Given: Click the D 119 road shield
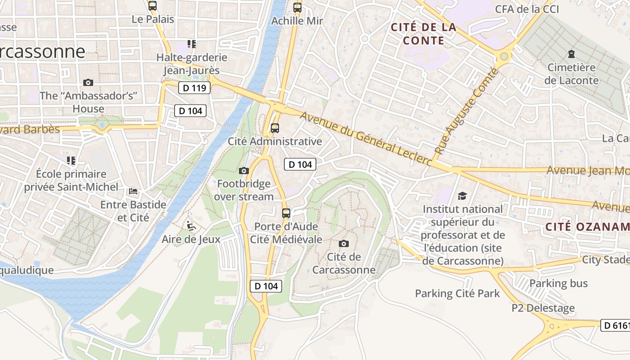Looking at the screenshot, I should [195, 88].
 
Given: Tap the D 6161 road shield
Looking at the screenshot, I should [615, 325].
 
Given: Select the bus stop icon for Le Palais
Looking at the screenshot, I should [153, 6].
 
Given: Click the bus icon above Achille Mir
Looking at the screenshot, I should [297, 8].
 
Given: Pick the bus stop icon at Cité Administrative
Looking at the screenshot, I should [275, 128].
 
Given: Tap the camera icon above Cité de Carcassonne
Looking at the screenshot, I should [344, 243].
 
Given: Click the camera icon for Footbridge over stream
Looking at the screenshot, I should [243, 171].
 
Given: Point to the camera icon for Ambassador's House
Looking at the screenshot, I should [88, 82].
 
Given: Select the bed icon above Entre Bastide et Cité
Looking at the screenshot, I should [133, 191].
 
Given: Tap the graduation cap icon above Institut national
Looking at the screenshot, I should [462, 196].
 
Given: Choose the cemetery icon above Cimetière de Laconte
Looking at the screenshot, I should [571, 54].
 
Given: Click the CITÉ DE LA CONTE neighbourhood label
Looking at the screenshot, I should [423, 34].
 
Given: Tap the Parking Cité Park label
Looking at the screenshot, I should [457, 293].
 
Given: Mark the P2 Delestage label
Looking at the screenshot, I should [543, 308].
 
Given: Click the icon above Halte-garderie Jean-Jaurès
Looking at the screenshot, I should [192, 44].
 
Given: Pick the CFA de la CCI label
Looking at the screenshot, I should [527, 9].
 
